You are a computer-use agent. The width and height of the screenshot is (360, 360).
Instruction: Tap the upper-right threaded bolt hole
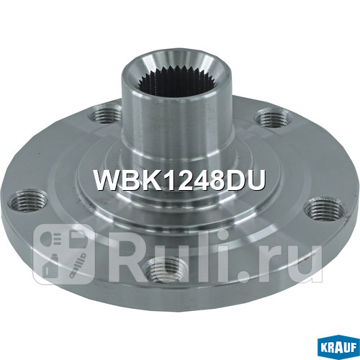point(269,117)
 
